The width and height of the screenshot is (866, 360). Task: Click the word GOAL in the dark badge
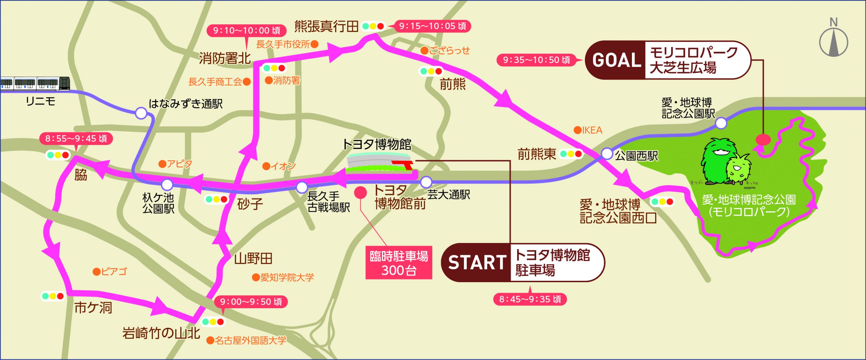(x=616, y=61)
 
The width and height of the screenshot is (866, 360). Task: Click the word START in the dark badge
(x=477, y=263)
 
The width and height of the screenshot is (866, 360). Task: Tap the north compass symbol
(x=834, y=41)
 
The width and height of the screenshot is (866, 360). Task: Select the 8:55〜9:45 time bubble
(x=76, y=138)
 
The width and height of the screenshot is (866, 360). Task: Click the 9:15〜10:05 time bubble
(x=432, y=26)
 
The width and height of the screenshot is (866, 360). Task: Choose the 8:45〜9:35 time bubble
(x=530, y=299)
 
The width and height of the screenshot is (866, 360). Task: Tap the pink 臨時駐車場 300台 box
(x=399, y=263)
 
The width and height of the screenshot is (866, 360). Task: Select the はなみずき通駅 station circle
(x=141, y=113)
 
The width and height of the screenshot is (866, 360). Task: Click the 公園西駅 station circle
(x=607, y=154)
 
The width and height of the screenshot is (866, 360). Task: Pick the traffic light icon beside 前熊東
(x=571, y=154)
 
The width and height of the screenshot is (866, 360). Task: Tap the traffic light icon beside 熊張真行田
(x=373, y=26)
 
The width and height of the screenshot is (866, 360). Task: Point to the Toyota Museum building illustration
(x=379, y=162)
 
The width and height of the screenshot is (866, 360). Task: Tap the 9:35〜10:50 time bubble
(x=536, y=60)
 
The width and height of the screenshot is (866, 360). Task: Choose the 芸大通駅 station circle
(x=426, y=182)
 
